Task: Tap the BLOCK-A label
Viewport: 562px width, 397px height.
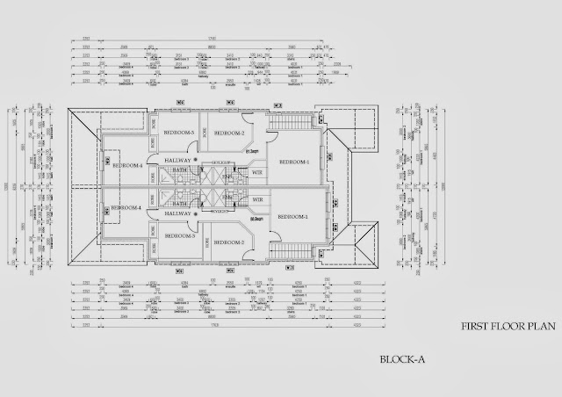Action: (x=403, y=358)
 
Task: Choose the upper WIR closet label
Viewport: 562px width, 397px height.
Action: (x=257, y=173)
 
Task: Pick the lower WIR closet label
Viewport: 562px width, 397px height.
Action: (x=257, y=200)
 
